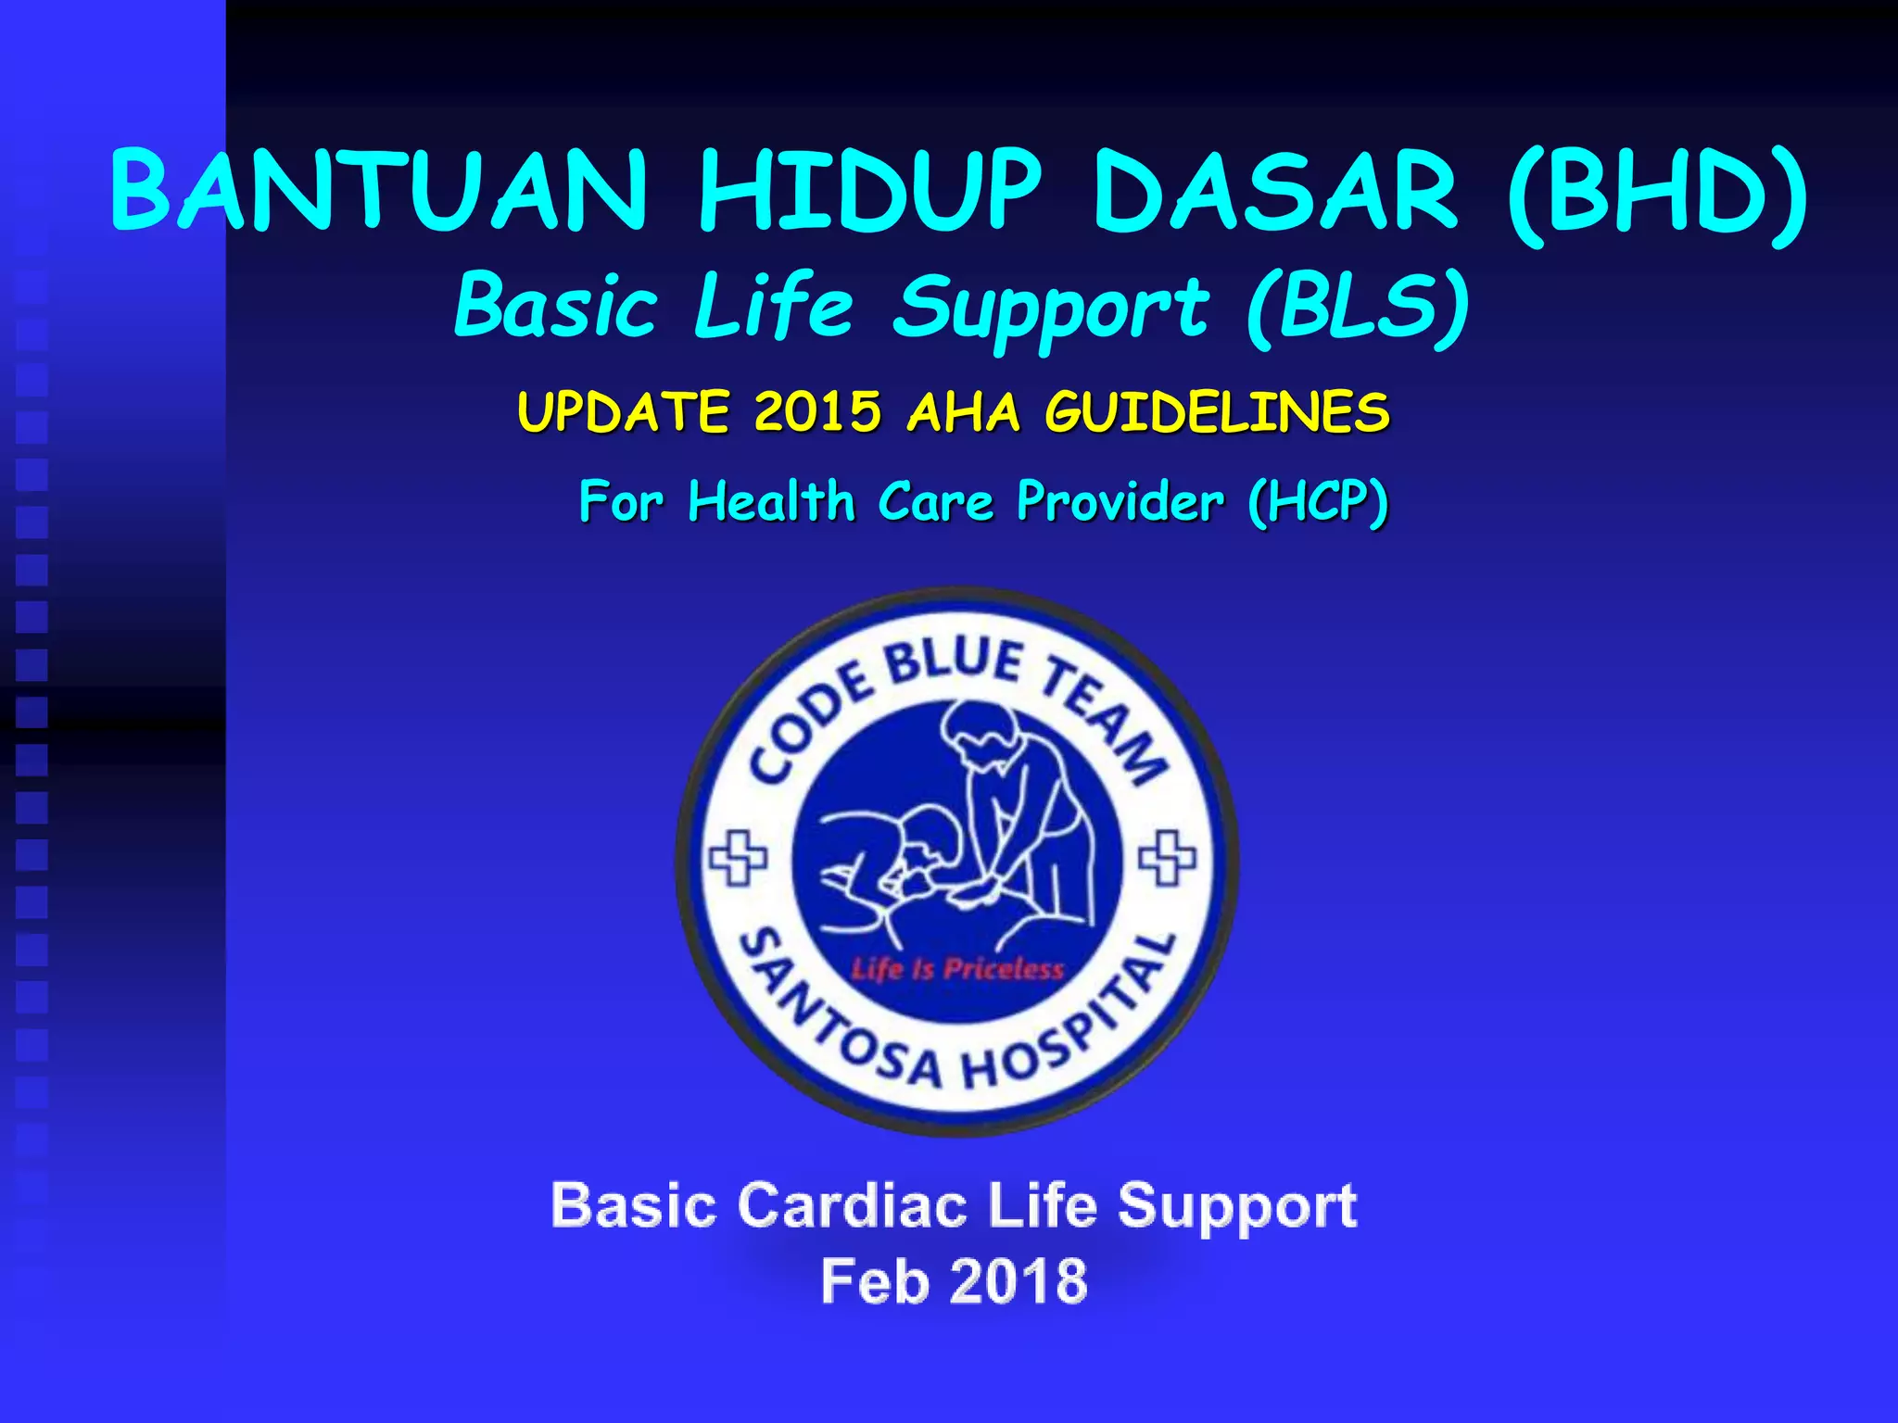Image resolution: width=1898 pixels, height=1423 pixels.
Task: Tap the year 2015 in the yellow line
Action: tap(817, 411)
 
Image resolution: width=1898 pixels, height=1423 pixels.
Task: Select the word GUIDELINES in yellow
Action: tap(1217, 411)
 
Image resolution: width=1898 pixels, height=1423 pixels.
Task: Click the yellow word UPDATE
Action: tap(623, 411)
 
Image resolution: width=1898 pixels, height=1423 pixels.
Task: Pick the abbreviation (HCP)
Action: tap(1318, 502)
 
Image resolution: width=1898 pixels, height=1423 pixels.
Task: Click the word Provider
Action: tap(1120, 502)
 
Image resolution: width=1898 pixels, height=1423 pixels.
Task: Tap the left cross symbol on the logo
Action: tap(738, 857)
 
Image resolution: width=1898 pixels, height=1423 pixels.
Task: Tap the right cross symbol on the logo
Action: tap(1167, 857)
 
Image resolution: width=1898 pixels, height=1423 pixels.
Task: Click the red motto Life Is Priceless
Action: tap(957, 969)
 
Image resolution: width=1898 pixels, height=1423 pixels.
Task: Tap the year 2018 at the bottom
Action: tap(1019, 1282)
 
